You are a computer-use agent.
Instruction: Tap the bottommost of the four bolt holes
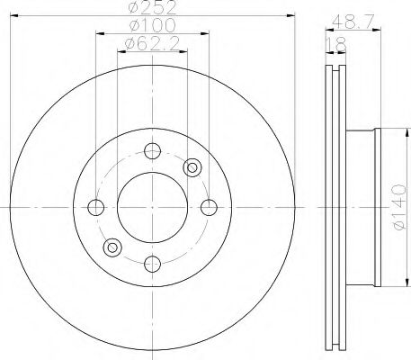(x=153, y=263)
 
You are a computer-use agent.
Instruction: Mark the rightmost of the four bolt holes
(x=209, y=207)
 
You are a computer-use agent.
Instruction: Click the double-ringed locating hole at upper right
(x=192, y=166)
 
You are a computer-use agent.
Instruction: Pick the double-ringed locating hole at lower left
(x=113, y=247)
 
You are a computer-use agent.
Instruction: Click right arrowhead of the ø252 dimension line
(x=291, y=15)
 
